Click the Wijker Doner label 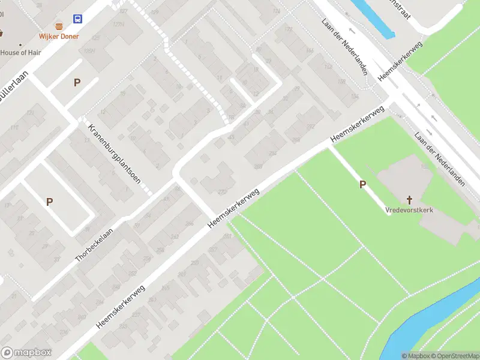(59, 37)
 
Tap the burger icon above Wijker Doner (59, 26)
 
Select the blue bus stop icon (78, 19)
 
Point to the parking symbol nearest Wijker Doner (77, 83)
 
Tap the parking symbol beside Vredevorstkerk (362, 185)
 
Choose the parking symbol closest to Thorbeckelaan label (49, 202)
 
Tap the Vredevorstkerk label (409, 211)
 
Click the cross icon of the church (410, 200)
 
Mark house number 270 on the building (222, 192)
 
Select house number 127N (118, 25)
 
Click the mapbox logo (26, 353)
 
